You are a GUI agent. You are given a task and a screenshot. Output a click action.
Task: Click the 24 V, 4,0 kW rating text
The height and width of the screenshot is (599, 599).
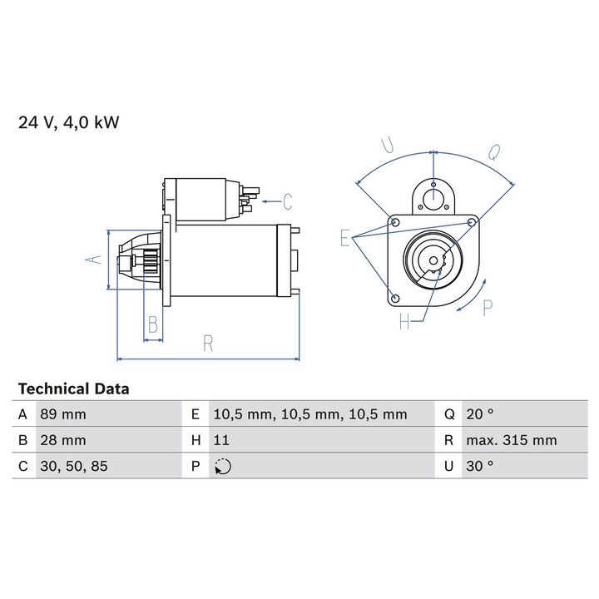point(69,122)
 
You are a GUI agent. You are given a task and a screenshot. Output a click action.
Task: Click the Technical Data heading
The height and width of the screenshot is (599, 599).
point(74,389)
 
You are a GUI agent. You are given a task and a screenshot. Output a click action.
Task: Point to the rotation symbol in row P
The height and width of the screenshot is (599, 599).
point(223,467)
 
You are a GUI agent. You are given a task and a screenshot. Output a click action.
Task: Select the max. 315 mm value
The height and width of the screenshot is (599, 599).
point(512,440)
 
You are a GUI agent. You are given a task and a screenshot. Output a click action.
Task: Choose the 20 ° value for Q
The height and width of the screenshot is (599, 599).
point(480,414)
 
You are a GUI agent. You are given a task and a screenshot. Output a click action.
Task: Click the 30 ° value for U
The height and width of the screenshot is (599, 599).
point(480,466)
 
